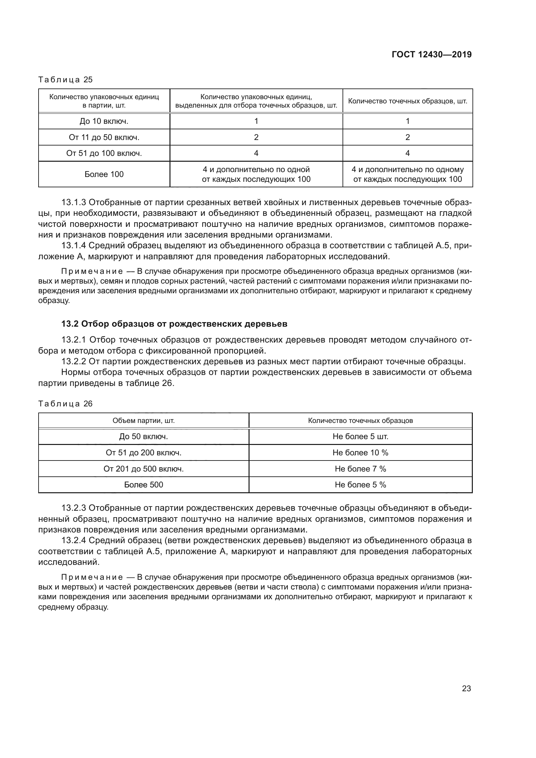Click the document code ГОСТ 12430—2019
tap(431, 54)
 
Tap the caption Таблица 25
tap(65, 80)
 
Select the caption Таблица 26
tap(65, 404)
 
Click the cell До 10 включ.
tap(104, 121)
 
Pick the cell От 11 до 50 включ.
tap(104, 137)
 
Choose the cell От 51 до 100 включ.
tap(104, 153)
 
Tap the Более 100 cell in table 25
tap(104, 174)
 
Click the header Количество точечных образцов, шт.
tap(408, 101)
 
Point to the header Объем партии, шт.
tap(144, 421)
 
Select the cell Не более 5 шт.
tap(360, 437)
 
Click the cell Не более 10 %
tap(360, 453)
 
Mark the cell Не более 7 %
tap(360, 469)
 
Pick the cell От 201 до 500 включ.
tap(144, 469)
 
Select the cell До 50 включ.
tap(144, 437)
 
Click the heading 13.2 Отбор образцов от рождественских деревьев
tap(174, 324)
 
